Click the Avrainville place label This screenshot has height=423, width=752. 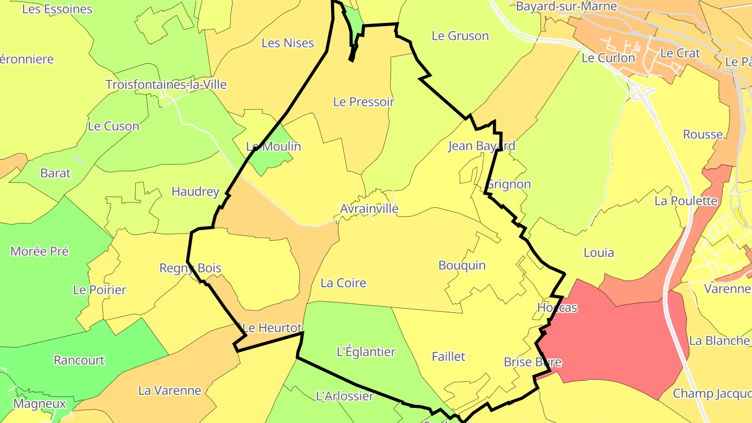(x=369, y=209)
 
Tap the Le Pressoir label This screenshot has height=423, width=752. (x=363, y=102)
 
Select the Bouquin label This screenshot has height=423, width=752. (x=462, y=265)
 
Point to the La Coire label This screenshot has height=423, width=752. (x=343, y=283)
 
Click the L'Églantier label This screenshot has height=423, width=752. (x=366, y=352)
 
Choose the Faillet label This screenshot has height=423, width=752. (x=448, y=357)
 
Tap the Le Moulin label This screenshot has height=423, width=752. (x=273, y=146)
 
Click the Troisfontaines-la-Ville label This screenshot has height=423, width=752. (x=166, y=85)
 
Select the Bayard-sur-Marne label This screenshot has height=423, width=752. (x=566, y=7)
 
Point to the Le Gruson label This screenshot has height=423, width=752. (x=460, y=36)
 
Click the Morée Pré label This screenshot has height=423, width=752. (x=39, y=251)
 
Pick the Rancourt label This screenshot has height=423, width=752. (x=79, y=360)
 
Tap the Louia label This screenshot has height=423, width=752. (x=598, y=253)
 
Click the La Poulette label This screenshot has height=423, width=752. (x=686, y=201)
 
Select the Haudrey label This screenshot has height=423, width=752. (x=195, y=192)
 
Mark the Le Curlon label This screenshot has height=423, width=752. (x=608, y=58)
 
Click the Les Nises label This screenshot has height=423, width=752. (x=288, y=43)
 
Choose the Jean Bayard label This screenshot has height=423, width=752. (x=481, y=146)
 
